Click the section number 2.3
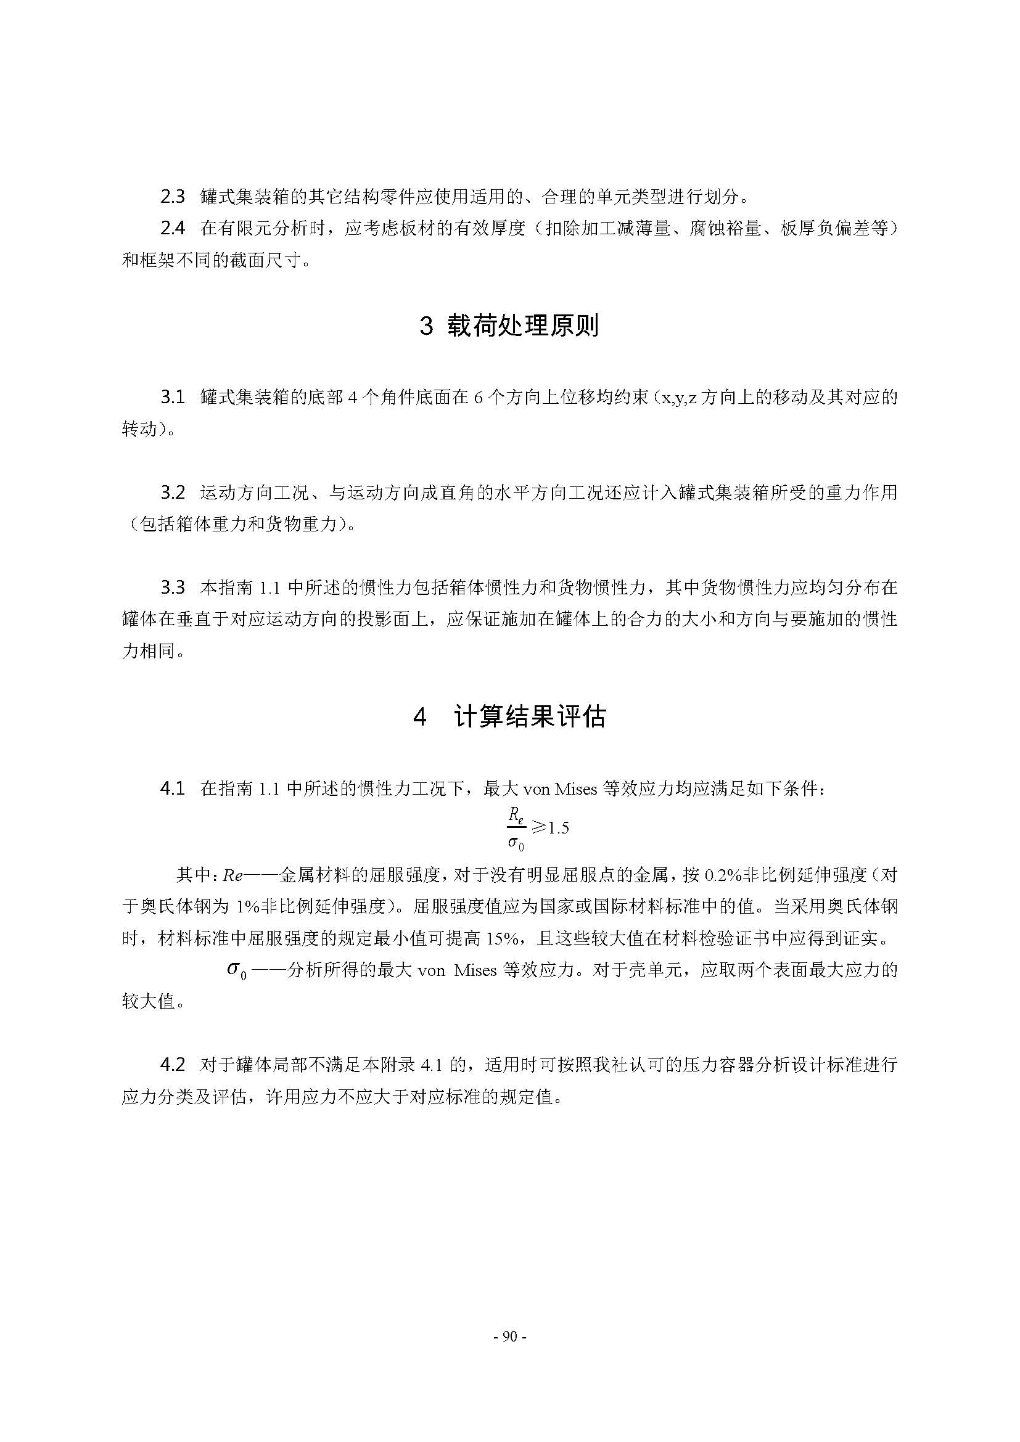coord(173,197)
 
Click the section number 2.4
coord(173,229)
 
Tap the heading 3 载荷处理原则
coord(509,326)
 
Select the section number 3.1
coord(173,397)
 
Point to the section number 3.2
coord(173,493)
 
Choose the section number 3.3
coord(173,588)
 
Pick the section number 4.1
coord(173,789)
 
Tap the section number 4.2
coord(173,1065)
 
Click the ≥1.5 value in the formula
coord(549,828)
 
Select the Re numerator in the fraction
coord(516,815)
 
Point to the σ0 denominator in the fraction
coord(516,843)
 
